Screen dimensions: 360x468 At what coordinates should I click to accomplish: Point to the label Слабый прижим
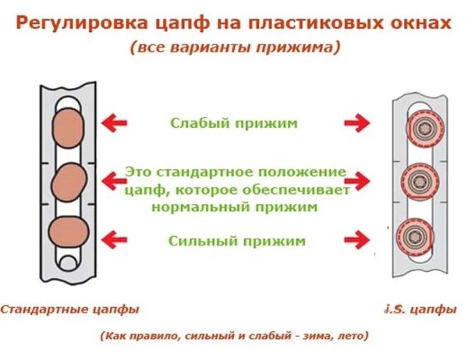(x=234, y=122)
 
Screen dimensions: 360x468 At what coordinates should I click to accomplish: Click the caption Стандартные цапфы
(x=69, y=309)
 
